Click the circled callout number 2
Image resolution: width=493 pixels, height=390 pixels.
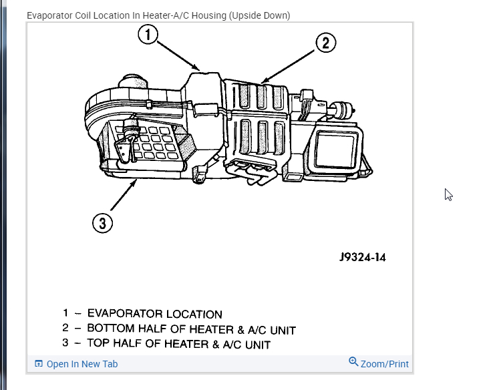(x=325, y=43)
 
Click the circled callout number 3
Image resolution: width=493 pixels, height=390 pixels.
(x=102, y=223)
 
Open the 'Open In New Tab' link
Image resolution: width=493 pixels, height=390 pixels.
(x=81, y=364)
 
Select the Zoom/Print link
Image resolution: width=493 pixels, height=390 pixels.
(x=384, y=364)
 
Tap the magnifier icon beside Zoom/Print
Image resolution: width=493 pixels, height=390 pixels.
(x=353, y=362)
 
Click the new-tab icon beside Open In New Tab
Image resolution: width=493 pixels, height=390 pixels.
(x=39, y=364)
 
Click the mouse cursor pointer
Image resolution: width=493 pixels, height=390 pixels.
(x=448, y=194)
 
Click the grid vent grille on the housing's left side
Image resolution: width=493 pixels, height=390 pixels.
(x=154, y=142)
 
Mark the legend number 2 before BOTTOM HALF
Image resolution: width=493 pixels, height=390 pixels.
(x=65, y=329)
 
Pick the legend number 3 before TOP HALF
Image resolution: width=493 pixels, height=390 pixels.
(x=65, y=345)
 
